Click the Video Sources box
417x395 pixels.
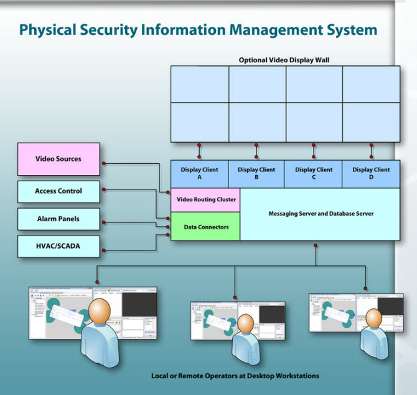(59, 159)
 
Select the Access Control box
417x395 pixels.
(59, 191)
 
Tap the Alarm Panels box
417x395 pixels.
(59, 219)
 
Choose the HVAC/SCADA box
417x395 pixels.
(59, 247)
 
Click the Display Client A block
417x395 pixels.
(199, 173)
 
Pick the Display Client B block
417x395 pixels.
(256, 173)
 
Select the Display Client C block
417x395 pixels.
(314, 173)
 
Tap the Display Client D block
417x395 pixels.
(371, 173)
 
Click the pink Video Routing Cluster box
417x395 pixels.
(206, 199)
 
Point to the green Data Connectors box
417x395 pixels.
(206, 227)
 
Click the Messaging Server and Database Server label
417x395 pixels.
(321, 214)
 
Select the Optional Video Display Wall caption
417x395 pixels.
(284, 60)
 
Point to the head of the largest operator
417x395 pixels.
(98, 310)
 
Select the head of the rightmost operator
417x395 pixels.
(373, 317)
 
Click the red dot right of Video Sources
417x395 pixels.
(103, 163)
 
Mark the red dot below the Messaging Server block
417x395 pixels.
(316, 245)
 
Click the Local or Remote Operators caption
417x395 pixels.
(235, 376)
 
